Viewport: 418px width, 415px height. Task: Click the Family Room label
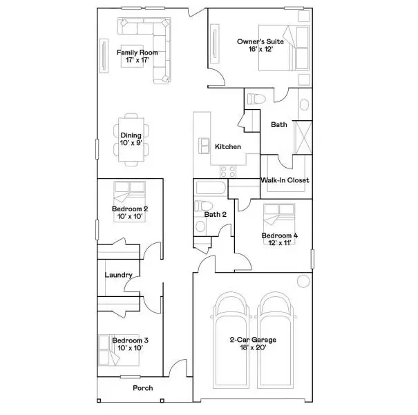(137, 52)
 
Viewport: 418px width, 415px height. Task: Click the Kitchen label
(228, 146)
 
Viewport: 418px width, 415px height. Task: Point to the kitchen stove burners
(229, 169)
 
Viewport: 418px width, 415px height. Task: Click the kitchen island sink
(205, 146)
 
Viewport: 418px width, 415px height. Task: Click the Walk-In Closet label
(285, 180)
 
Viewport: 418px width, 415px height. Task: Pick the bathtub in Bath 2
(210, 189)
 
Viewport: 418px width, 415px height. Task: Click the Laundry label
(118, 275)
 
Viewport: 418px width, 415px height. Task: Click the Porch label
(142, 388)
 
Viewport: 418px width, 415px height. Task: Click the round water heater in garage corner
(302, 281)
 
